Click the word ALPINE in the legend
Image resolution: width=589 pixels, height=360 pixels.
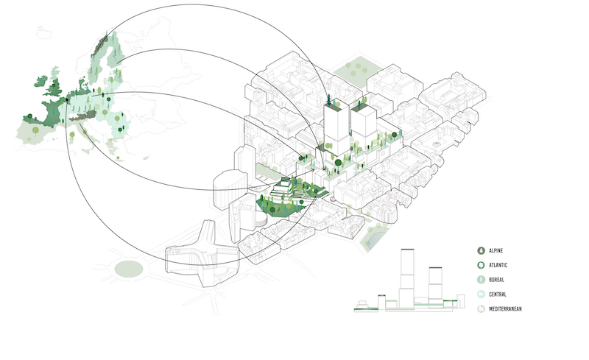(495, 250)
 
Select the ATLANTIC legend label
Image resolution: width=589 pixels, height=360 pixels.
(498, 265)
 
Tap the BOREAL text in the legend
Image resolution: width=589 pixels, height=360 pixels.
(496, 280)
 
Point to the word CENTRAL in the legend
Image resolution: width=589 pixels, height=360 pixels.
(498, 294)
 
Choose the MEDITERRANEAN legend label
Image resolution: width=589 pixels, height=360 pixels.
(505, 309)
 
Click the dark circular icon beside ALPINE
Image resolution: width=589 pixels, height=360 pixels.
(481, 250)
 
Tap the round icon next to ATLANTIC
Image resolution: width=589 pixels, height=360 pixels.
(481, 265)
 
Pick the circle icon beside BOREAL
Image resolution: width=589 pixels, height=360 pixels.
(481, 280)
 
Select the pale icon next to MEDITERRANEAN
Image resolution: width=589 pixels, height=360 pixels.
(481, 309)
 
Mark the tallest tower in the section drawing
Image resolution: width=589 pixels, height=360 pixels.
(407, 279)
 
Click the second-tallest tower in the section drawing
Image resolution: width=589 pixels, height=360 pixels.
(435, 288)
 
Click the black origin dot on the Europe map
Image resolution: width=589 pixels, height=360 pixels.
(67, 99)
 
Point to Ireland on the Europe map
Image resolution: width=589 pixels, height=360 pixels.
(40, 82)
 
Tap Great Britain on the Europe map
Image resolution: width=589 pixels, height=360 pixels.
(54, 85)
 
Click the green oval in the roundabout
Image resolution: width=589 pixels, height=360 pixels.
(129, 269)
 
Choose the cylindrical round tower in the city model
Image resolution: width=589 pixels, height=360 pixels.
(230, 190)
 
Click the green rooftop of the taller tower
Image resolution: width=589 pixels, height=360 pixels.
(336, 105)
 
